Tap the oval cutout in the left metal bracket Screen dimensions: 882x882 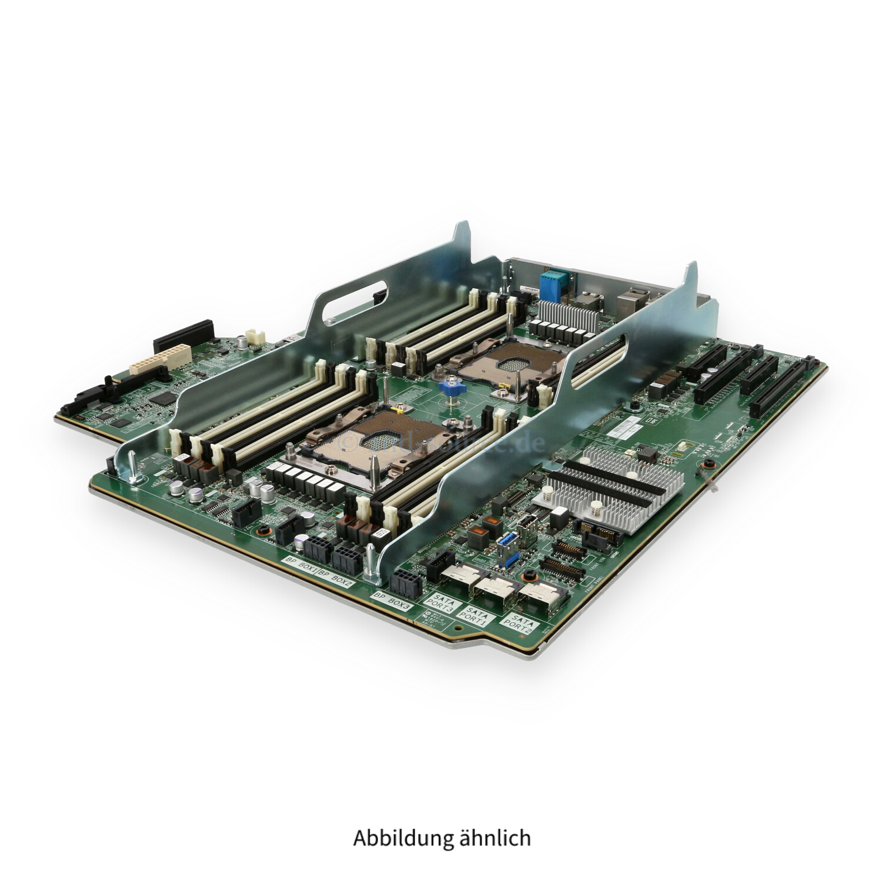coord(354,299)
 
